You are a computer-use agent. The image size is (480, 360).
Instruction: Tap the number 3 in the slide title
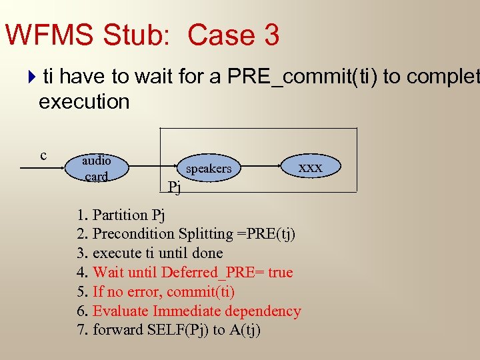click(271, 35)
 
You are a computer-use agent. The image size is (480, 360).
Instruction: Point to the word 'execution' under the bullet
click(84, 102)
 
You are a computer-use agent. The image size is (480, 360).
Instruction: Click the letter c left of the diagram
click(43, 155)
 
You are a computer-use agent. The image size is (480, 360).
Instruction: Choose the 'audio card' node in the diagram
click(97, 168)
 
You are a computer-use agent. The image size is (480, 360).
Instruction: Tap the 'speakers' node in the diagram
click(209, 169)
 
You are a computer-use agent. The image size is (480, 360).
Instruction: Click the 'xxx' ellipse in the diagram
click(310, 167)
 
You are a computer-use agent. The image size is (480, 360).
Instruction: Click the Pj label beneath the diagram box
click(174, 187)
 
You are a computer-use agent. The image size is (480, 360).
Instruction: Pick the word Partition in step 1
click(120, 215)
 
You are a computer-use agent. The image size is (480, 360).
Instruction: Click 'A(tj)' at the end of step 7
click(243, 331)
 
